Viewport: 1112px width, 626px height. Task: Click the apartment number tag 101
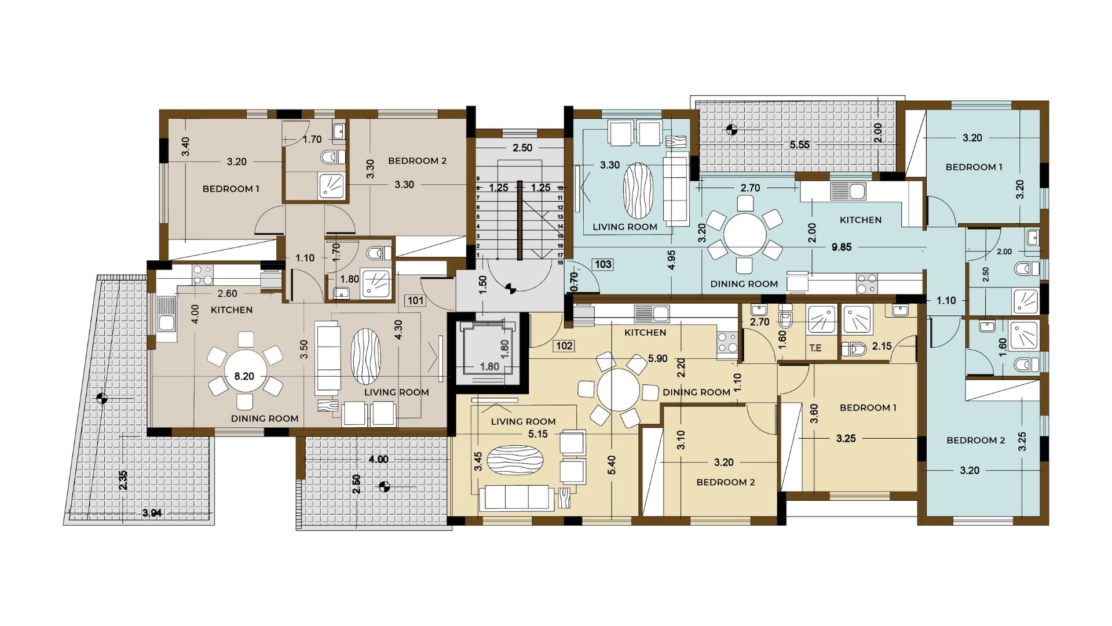click(x=416, y=300)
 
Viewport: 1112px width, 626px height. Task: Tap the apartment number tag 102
click(x=564, y=346)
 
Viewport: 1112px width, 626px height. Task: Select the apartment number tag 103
click(x=603, y=264)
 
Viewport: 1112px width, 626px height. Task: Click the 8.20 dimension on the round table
click(x=244, y=376)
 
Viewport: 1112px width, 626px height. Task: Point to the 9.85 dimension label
click(x=842, y=247)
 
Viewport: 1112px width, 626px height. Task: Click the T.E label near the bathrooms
click(x=815, y=348)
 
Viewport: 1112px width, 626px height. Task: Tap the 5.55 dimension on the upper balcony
click(x=800, y=144)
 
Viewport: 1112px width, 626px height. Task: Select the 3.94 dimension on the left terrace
click(x=152, y=513)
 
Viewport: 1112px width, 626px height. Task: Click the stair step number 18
click(x=560, y=263)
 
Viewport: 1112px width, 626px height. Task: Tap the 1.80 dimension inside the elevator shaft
click(x=489, y=366)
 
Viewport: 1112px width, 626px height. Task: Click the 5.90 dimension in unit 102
click(x=658, y=359)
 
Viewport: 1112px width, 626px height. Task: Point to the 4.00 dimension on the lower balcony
click(x=378, y=460)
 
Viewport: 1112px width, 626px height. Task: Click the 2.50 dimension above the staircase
click(x=522, y=148)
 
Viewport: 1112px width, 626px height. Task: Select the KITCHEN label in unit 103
click(x=861, y=220)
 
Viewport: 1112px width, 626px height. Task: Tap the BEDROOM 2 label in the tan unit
click(x=417, y=161)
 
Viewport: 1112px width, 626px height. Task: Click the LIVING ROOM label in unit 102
click(x=523, y=421)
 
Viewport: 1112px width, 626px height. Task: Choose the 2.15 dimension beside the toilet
click(x=882, y=346)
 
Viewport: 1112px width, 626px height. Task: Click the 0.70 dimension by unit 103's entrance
click(x=574, y=281)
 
